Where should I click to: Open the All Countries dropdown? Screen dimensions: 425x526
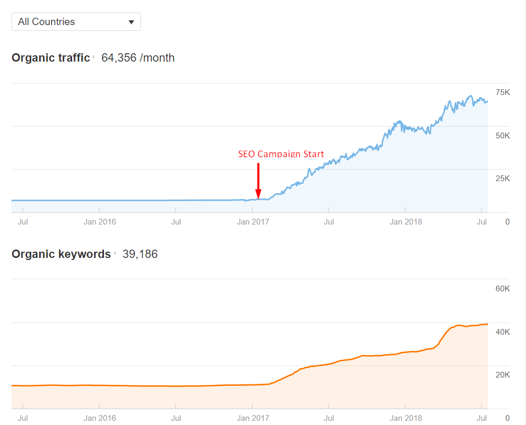pos(76,22)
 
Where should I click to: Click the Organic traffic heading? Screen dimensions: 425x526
pos(51,58)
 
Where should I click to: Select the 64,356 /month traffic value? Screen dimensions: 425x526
pos(138,58)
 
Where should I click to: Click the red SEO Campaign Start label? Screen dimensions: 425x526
pos(281,154)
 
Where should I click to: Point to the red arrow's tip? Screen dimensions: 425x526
pos(258,198)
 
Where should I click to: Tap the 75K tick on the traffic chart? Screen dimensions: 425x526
pos(502,92)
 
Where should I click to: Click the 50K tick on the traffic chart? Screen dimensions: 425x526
pos(502,136)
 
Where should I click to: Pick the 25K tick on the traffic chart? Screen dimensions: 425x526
pos(502,179)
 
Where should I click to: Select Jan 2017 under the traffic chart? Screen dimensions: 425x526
pos(253,222)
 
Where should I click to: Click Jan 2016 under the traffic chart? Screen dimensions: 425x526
pos(100,222)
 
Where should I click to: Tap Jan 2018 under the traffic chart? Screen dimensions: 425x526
pos(406,222)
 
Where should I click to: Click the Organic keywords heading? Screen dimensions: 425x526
pos(61,254)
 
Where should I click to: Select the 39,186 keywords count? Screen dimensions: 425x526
pos(140,254)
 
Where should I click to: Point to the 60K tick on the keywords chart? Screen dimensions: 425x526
pos(502,289)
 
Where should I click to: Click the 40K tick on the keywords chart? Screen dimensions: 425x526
pos(502,332)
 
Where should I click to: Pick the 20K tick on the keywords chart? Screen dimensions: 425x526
pos(502,375)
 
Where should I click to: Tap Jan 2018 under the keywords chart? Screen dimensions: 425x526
pos(406,418)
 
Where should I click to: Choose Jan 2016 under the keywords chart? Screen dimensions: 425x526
pos(100,418)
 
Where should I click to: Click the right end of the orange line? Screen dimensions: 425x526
pos(487,324)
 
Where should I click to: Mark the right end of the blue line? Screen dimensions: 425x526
pos(487,101)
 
